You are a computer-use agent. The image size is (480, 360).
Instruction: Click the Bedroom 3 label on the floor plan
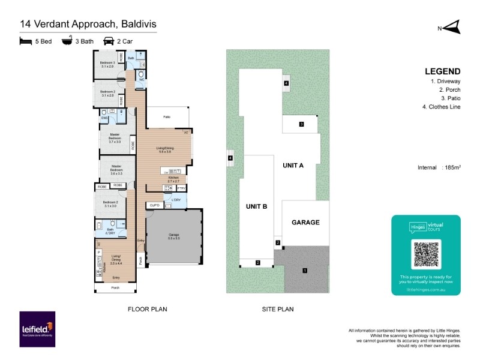pos(107,64)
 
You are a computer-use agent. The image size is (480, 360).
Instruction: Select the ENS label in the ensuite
pos(104,118)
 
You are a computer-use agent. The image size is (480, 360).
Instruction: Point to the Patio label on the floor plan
pos(168,116)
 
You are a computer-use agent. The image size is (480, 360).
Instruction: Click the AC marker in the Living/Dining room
pos(186,132)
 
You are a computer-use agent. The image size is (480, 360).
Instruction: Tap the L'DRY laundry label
pos(176,200)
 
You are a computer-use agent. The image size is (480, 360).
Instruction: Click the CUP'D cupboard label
pos(154,205)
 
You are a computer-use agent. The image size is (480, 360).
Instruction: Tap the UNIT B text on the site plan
pos(256,206)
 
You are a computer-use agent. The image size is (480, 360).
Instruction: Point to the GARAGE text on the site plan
pos(305,222)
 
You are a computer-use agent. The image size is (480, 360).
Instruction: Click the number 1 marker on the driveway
pos(305,271)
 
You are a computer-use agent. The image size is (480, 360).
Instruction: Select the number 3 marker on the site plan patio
pos(302,125)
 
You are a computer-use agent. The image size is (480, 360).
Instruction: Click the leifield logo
pos(37,329)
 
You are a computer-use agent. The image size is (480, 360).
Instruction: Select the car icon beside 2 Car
pos(109,41)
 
